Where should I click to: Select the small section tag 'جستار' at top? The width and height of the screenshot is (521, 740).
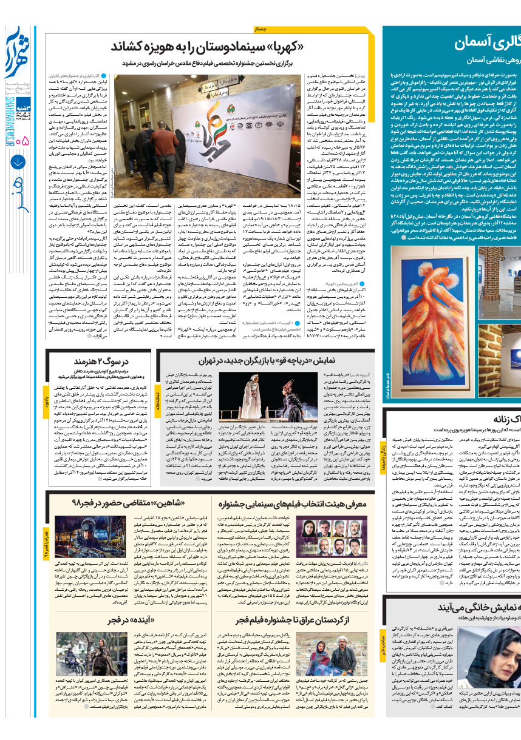click(x=259, y=29)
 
